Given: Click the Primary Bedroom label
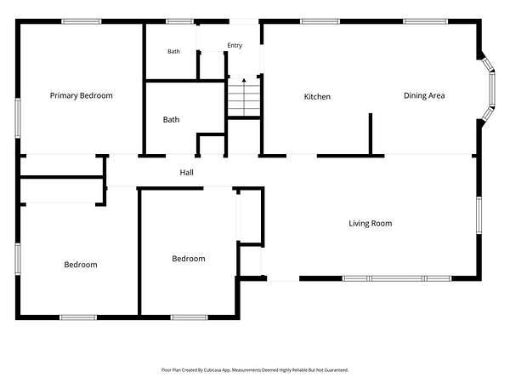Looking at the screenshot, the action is tap(82, 95).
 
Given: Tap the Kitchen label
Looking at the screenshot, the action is tap(317, 97).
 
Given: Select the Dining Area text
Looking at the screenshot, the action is tap(424, 95).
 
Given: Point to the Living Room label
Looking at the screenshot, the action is tap(370, 223).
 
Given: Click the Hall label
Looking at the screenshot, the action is tap(187, 173).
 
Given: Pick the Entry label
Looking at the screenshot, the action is tap(235, 46).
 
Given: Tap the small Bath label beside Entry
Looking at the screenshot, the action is tap(173, 51).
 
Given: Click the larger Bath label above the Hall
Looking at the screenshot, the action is tap(171, 120).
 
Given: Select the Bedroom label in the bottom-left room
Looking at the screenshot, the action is tap(81, 265).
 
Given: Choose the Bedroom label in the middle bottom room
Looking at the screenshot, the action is tap(189, 259).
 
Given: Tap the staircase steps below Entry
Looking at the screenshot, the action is tap(244, 97).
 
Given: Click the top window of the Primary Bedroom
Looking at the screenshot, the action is tap(82, 22).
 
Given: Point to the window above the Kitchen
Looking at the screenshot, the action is tap(320, 22).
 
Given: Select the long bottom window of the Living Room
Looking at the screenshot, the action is tap(397, 278).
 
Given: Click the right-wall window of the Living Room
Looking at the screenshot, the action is tap(479, 215).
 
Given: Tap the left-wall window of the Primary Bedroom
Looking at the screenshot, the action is tap(18, 118).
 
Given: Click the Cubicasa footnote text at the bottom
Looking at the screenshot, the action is tap(255, 370).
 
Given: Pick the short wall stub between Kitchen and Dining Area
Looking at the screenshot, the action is tap(371, 134).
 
